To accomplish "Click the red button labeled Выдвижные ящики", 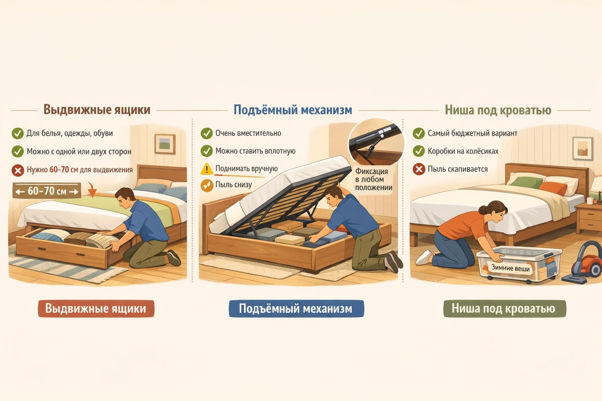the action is click(x=96, y=309).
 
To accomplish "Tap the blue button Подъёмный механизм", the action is click(x=296, y=309).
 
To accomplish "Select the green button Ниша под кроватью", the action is click(x=505, y=309).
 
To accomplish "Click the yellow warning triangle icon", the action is click(x=207, y=169).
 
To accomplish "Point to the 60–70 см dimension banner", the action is click(x=47, y=191).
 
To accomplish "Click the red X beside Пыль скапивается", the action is click(x=419, y=169).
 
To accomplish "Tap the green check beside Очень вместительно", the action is click(x=206, y=133).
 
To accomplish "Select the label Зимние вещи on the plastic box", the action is click(x=510, y=268).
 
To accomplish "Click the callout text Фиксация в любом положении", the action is click(x=374, y=179).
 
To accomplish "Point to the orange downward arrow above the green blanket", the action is click(x=92, y=190).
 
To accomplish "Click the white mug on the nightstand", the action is click(x=590, y=201).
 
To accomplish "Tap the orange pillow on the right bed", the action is click(x=553, y=188).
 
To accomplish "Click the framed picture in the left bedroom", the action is click(x=165, y=144).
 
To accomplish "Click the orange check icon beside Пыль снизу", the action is click(x=207, y=185).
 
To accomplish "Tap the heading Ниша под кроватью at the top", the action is click(x=498, y=110).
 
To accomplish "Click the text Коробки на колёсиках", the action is click(x=463, y=151).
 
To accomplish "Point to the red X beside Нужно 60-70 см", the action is click(x=18, y=170).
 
